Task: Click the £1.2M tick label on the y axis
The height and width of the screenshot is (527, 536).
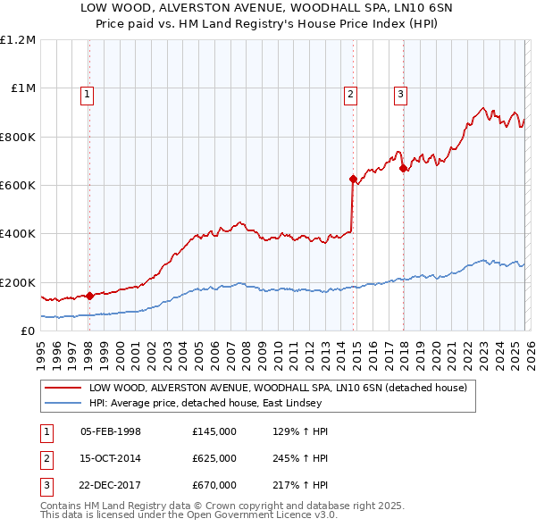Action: (x=18, y=40)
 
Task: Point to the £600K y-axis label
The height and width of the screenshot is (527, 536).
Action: (x=18, y=186)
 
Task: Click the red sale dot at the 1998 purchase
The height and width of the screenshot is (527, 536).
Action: (x=89, y=296)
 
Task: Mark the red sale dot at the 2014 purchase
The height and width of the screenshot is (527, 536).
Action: (x=354, y=179)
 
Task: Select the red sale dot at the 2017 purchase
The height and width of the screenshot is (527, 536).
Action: (x=404, y=168)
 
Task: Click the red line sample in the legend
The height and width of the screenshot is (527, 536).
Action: (x=63, y=389)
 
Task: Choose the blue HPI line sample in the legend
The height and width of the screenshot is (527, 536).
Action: (x=63, y=404)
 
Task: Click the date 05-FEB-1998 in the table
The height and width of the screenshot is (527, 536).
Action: (x=111, y=431)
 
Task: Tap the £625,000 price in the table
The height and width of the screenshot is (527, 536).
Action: (x=214, y=458)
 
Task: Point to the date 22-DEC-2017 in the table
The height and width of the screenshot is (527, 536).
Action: (x=111, y=485)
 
